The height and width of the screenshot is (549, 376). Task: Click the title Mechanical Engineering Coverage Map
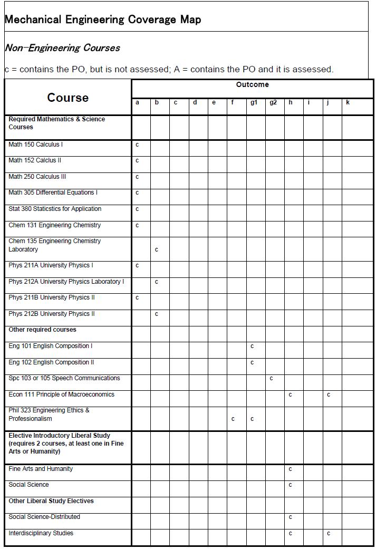(102, 20)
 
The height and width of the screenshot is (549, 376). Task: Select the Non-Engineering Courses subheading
(62, 48)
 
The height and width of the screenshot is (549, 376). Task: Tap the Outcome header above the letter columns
(252, 84)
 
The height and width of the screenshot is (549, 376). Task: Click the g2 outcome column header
(273, 102)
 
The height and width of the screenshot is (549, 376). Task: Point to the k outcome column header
(348, 102)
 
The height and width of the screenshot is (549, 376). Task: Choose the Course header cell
(68, 98)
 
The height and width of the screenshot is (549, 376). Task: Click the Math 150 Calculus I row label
(36, 145)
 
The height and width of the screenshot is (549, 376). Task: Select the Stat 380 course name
(55, 209)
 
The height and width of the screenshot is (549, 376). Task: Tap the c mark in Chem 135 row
(157, 249)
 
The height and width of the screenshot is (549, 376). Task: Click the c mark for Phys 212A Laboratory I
(157, 282)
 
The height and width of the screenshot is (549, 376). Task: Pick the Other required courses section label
(42, 330)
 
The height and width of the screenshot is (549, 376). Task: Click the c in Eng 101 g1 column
(252, 346)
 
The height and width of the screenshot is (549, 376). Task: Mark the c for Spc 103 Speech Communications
(271, 378)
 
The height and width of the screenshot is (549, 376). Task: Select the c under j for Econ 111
(329, 394)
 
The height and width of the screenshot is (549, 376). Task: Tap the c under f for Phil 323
(233, 419)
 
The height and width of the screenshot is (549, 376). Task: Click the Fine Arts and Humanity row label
(41, 469)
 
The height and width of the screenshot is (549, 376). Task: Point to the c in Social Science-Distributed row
(290, 517)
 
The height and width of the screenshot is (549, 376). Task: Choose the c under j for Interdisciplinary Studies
(329, 533)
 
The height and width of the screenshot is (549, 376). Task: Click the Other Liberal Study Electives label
(51, 501)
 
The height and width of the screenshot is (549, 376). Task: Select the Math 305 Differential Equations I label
(53, 192)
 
